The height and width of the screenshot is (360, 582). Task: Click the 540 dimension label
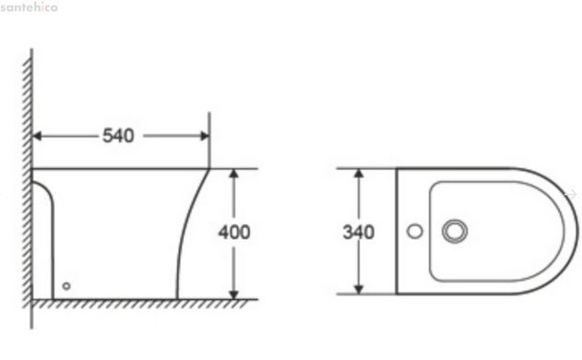point(118,136)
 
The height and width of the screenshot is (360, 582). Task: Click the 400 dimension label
point(234,233)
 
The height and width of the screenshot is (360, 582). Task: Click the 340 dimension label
point(359,233)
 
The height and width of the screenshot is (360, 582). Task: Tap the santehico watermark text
point(29,6)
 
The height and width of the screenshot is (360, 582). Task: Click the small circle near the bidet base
point(66,286)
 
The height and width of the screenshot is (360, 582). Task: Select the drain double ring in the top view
point(455,231)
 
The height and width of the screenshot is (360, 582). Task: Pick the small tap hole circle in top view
point(415,231)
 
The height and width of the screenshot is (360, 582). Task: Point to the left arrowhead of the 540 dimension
point(37,136)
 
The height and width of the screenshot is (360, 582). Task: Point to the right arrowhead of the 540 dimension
point(205,136)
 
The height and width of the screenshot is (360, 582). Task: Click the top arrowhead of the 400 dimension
point(233,174)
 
